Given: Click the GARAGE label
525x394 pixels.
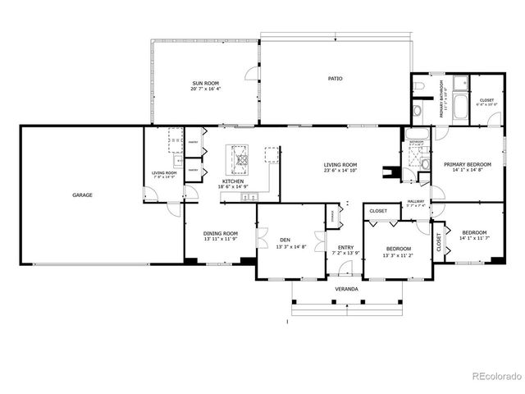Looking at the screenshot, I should (x=81, y=195).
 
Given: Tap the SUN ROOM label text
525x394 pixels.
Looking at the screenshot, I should (x=206, y=83).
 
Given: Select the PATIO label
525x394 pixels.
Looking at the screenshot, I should (x=335, y=79).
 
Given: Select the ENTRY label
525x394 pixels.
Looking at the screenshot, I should (x=346, y=247).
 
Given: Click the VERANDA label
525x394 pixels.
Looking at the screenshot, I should (x=345, y=289).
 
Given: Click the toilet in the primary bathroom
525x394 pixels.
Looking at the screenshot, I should (x=418, y=108).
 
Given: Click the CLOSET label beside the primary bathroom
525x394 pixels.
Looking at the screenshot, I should (x=486, y=100).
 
